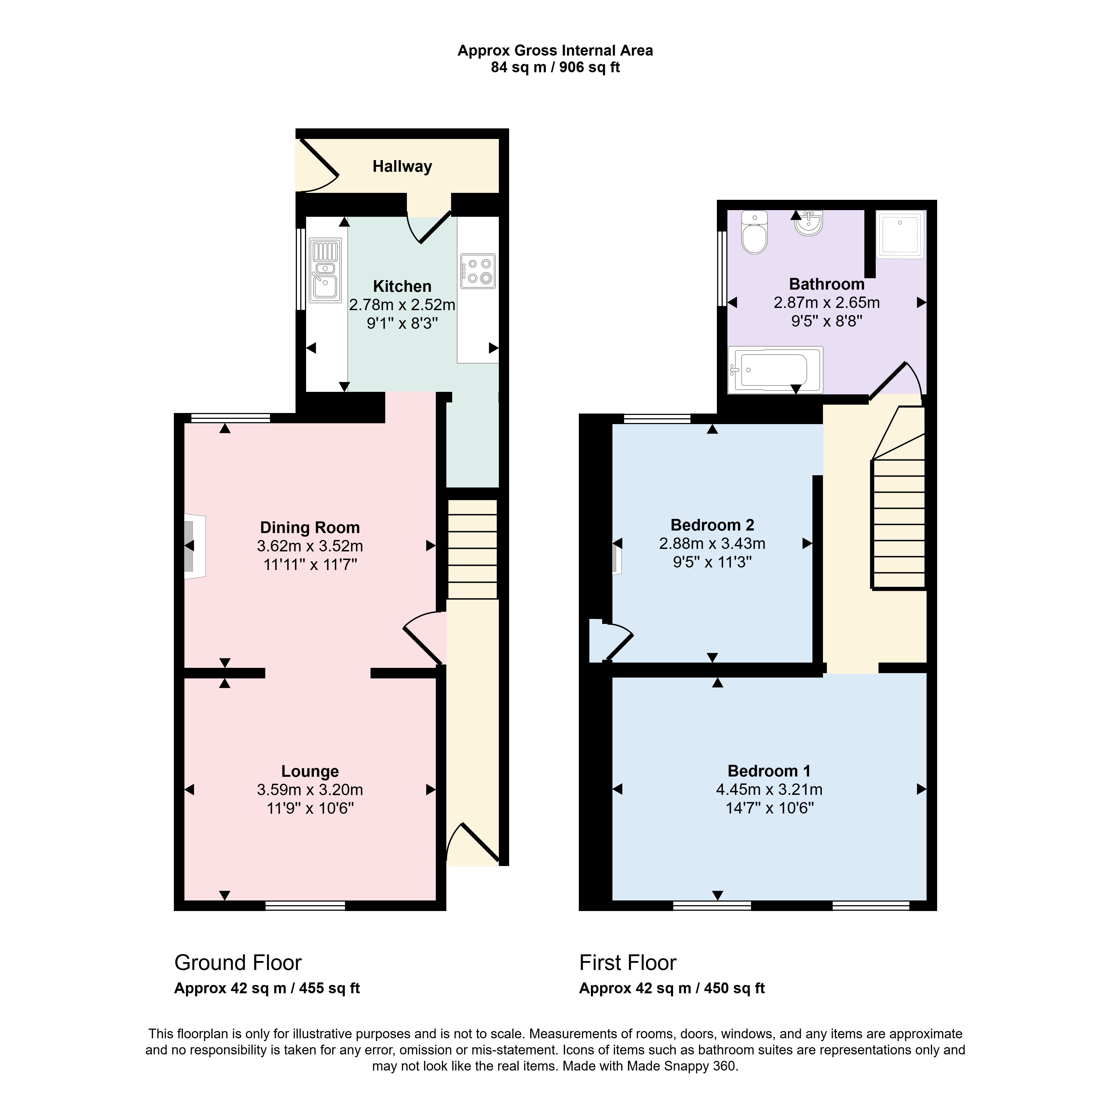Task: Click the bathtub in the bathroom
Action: [x=775, y=370]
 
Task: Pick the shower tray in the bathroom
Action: [x=901, y=235]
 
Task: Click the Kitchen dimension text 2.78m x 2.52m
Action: [x=402, y=305]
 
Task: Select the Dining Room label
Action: [x=310, y=527]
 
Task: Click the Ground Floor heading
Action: [x=238, y=963]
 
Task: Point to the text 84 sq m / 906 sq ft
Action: [x=555, y=67]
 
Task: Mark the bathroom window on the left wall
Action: [x=722, y=268]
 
